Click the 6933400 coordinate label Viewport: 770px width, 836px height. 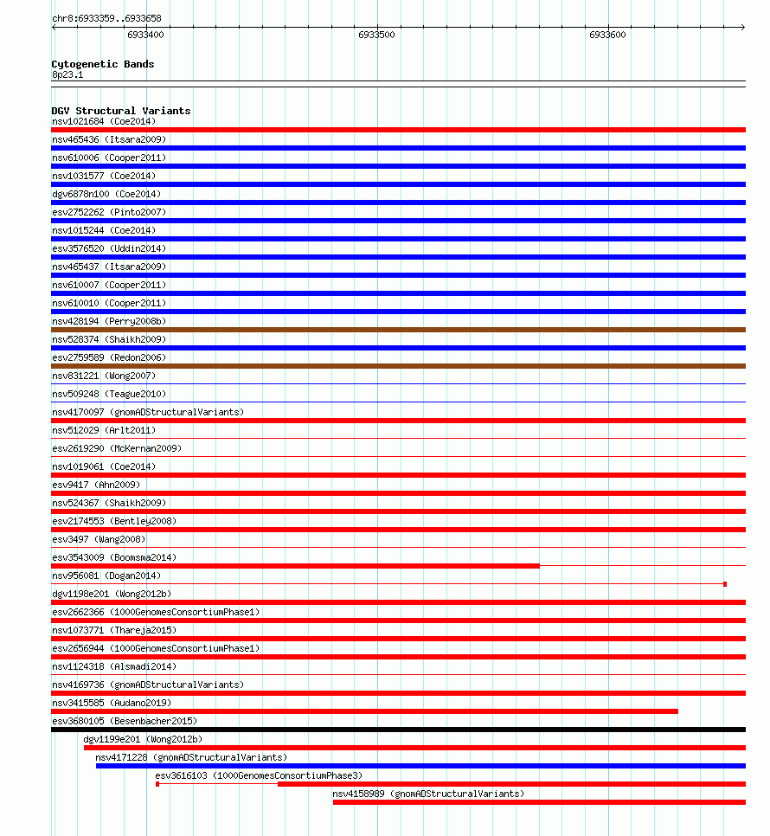(x=145, y=35)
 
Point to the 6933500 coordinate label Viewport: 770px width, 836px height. (x=376, y=35)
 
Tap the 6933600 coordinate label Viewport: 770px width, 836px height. (x=607, y=35)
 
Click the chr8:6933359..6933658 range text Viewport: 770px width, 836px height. (x=106, y=18)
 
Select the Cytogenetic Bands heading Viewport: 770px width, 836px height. (x=103, y=64)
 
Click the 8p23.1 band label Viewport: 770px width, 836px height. (x=67, y=74)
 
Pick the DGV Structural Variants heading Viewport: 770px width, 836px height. (x=121, y=111)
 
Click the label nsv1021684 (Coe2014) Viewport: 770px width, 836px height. (x=104, y=121)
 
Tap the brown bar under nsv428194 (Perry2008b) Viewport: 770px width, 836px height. (x=398, y=330)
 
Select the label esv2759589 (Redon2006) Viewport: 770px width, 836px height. (x=108, y=357)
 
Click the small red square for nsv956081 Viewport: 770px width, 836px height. (x=725, y=584)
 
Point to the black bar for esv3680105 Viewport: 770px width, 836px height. (x=398, y=730)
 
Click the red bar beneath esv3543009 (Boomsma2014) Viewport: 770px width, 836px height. (x=294, y=566)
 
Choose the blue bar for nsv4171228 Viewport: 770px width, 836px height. (x=420, y=766)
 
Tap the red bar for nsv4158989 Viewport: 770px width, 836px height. (x=539, y=802)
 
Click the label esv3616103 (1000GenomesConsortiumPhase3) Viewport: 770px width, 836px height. (x=259, y=775)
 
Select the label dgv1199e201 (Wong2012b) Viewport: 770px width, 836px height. (x=143, y=739)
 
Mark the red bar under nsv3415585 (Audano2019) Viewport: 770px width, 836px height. (x=363, y=711)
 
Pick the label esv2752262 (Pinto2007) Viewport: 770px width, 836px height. (x=108, y=212)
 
